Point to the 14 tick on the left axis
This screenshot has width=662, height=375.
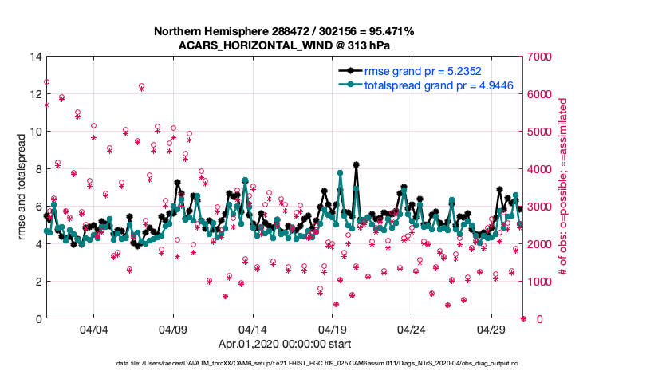point(37,57)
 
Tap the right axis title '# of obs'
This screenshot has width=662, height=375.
point(563,187)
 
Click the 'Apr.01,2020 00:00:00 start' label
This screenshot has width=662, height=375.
point(284,345)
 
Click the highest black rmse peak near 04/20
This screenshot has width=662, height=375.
point(356,165)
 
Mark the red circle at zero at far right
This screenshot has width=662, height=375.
point(523,318)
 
